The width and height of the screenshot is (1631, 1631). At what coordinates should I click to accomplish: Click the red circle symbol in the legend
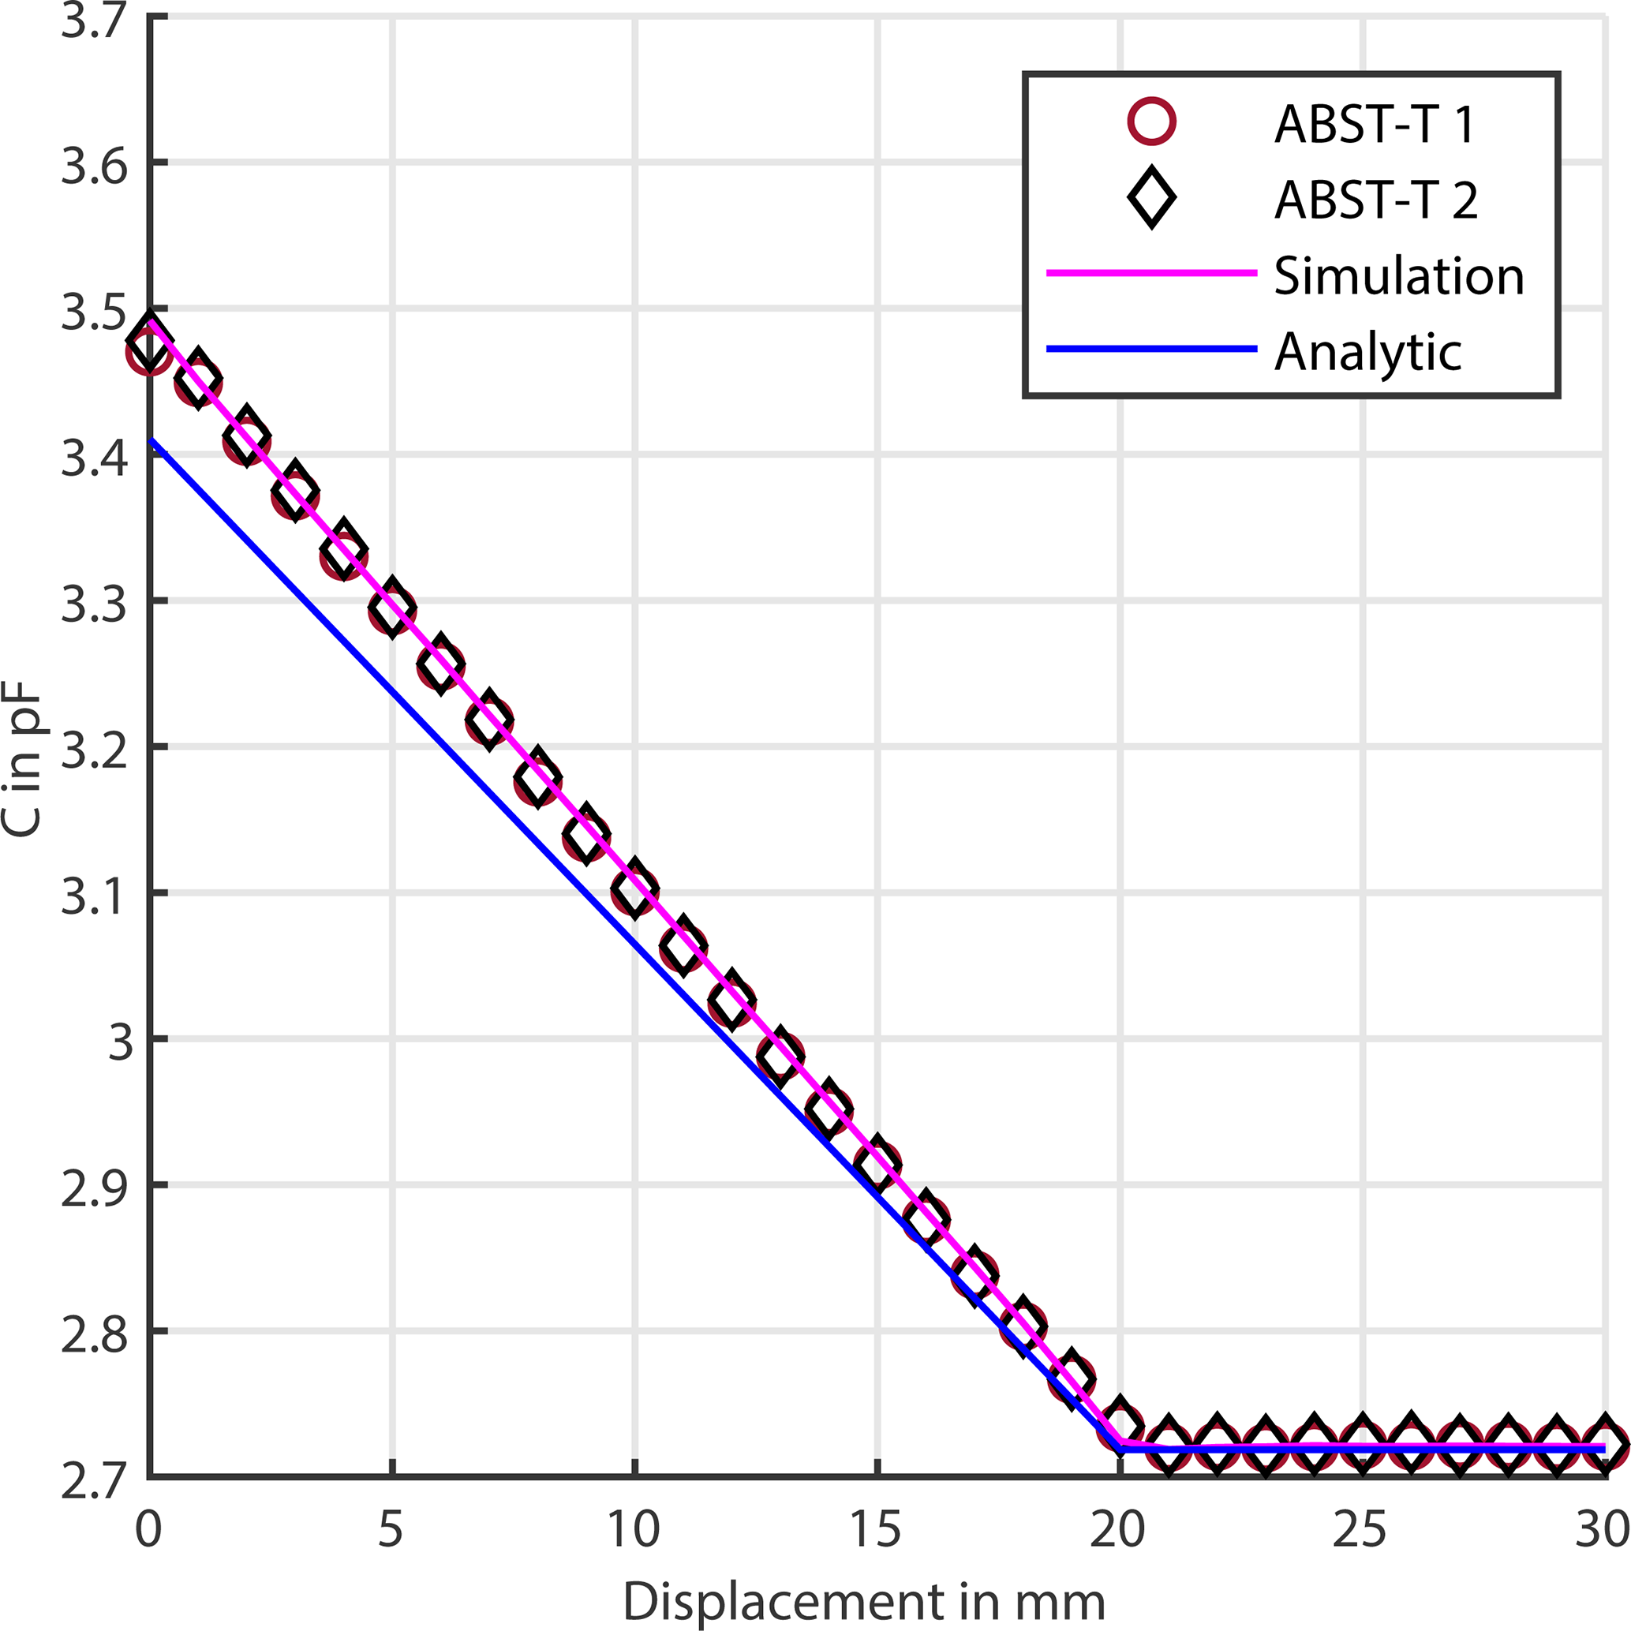click(x=1151, y=122)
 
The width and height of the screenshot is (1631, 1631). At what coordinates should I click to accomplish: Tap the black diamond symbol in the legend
click(x=1151, y=198)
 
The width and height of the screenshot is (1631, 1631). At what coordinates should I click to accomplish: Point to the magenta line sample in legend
click(x=1151, y=274)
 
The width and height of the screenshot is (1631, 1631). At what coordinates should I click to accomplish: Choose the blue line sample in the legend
click(x=1151, y=349)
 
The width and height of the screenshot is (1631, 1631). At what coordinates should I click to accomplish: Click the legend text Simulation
click(x=1398, y=275)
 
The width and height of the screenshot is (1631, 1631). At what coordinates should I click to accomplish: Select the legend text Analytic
click(x=1367, y=351)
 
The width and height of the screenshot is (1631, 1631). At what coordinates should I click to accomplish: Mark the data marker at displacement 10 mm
click(x=634, y=890)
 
